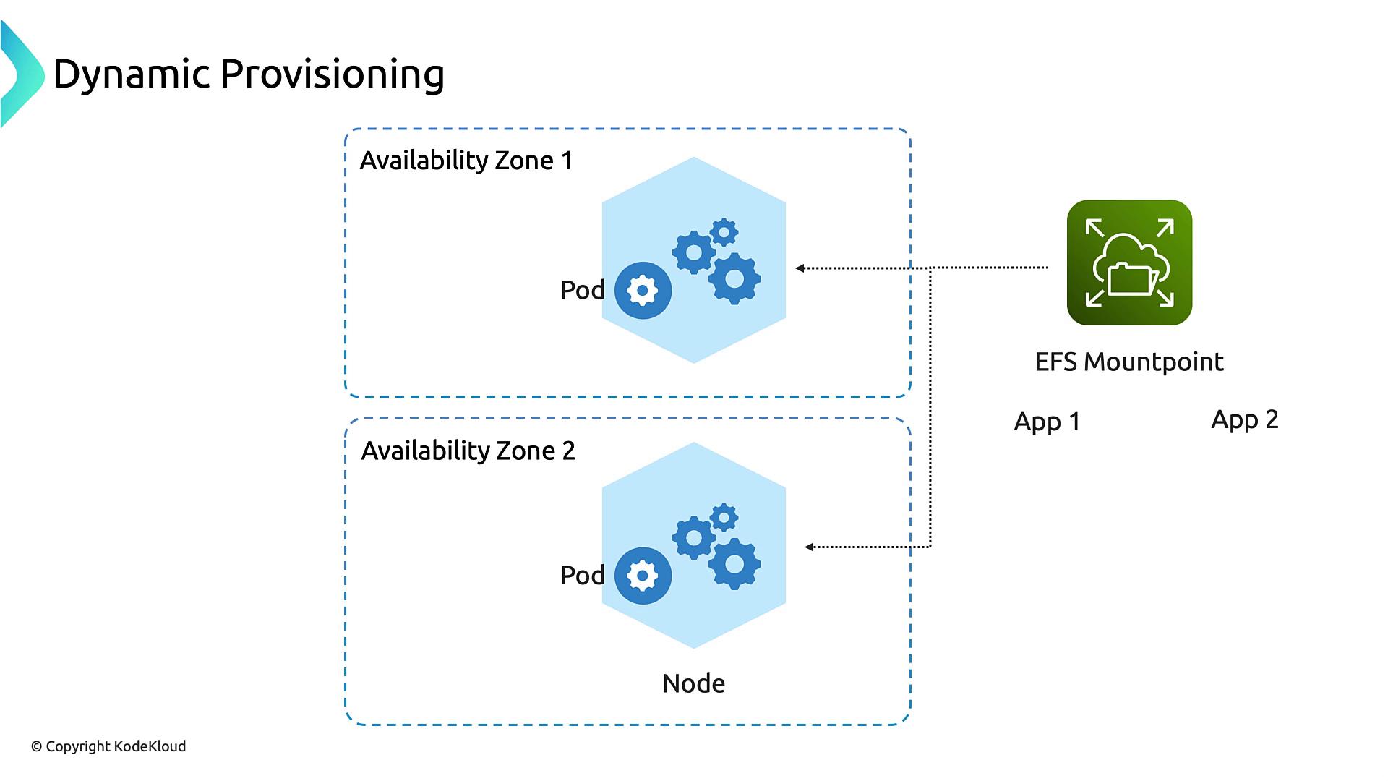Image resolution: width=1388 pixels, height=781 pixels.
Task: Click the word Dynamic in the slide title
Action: [131, 74]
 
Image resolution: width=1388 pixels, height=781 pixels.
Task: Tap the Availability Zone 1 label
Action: [466, 161]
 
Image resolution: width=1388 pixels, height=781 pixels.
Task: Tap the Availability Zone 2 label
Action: [468, 451]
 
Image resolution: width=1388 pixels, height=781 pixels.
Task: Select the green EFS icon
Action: [1129, 263]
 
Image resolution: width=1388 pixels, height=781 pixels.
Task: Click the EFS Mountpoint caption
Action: [1128, 362]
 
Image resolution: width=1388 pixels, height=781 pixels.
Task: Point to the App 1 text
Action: [1047, 422]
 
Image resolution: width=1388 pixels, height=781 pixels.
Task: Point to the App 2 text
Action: [1244, 419]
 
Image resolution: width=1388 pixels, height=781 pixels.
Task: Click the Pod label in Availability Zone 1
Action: [582, 290]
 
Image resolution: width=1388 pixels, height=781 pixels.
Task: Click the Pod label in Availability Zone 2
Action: [582, 576]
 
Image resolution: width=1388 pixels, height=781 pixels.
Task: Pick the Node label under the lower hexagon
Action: [693, 683]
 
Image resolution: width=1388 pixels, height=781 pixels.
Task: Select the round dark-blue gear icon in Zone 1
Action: [643, 291]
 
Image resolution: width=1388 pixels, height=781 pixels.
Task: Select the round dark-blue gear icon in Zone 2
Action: [643, 576]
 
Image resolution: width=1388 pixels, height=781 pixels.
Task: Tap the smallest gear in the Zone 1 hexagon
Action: [724, 232]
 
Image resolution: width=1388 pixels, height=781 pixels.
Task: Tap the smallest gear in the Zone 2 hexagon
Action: [724, 518]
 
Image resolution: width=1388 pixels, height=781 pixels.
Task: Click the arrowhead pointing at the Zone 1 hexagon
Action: [800, 268]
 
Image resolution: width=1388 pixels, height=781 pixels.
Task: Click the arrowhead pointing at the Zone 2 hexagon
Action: [809, 547]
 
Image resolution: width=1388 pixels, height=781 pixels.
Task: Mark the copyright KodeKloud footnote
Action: [108, 746]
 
